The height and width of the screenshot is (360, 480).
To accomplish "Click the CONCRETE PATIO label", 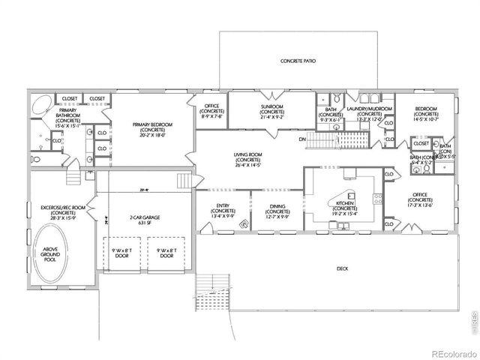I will point(296,60).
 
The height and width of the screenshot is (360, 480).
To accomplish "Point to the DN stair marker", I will point(301,139).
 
